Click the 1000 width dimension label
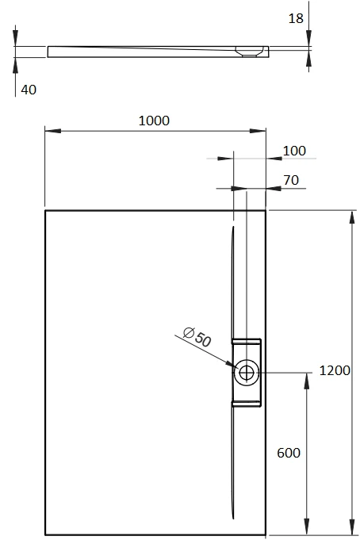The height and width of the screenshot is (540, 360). coord(154,121)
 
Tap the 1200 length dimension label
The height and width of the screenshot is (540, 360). coord(335,370)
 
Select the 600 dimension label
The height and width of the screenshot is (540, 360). coord(289,453)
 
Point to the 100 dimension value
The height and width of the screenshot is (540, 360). coord(294,151)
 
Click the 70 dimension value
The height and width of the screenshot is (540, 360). coord(291,180)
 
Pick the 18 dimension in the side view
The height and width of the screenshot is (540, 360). coord(296,18)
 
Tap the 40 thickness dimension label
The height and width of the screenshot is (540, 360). coord(29,90)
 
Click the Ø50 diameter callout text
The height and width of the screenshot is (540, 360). coord(197,337)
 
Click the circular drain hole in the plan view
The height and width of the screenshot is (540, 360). coord(246,372)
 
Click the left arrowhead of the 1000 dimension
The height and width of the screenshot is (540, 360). coord(53,131)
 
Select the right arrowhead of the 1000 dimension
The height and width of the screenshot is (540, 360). coord(258,131)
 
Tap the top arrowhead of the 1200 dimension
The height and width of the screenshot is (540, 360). coord(352,218)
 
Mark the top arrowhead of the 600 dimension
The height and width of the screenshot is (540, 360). coord(307,381)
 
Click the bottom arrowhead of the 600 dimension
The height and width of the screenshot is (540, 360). coord(307,527)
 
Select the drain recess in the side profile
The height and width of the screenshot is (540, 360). coord(250,52)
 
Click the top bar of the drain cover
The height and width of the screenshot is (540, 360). coord(247,341)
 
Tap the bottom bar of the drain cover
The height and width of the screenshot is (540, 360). coord(247,404)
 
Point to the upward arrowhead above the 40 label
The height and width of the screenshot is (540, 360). coord(15,66)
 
